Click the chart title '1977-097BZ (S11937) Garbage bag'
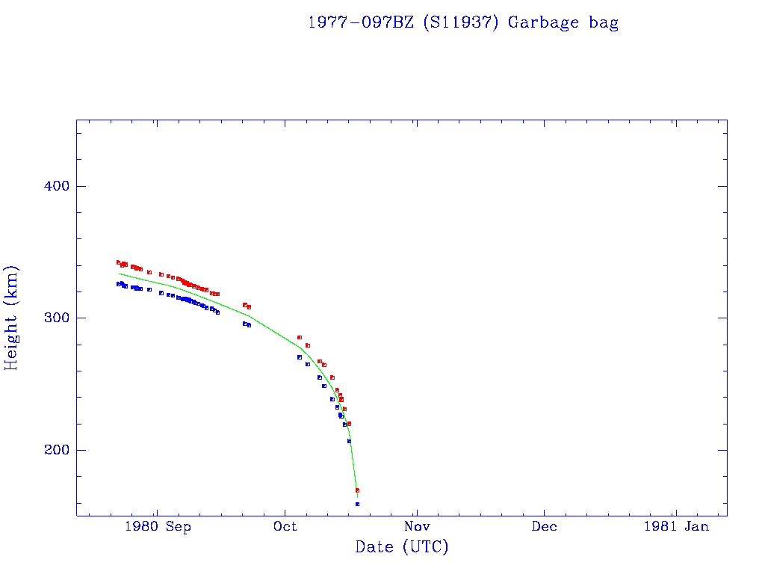click(x=463, y=22)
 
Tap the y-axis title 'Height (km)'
click(x=12, y=318)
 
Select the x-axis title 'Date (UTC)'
click(x=402, y=547)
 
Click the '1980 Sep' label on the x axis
click(x=158, y=526)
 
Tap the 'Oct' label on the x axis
click(x=285, y=526)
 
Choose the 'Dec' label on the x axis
click(x=544, y=526)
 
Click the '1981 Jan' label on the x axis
click(x=676, y=526)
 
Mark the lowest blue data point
click(x=357, y=504)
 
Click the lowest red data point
click(x=357, y=490)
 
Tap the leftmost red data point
click(x=118, y=262)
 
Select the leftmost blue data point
click(x=118, y=284)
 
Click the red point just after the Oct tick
click(x=300, y=337)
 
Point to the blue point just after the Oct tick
click(x=300, y=357)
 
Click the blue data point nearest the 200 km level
click(x=349, y=441)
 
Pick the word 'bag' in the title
click(x=604, y=22)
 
